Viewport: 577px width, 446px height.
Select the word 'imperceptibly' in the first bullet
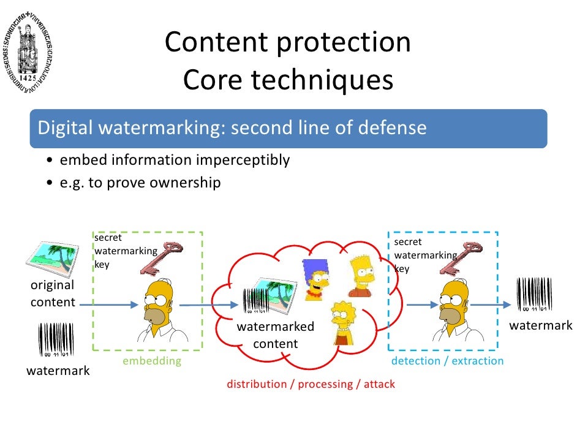(243, 161)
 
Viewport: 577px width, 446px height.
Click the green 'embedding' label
(152, 361)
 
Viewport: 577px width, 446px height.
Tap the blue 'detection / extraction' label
(447, 361)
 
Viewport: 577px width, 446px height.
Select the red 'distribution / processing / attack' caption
(311, 384)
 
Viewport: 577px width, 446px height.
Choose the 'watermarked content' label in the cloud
(276, 335)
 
